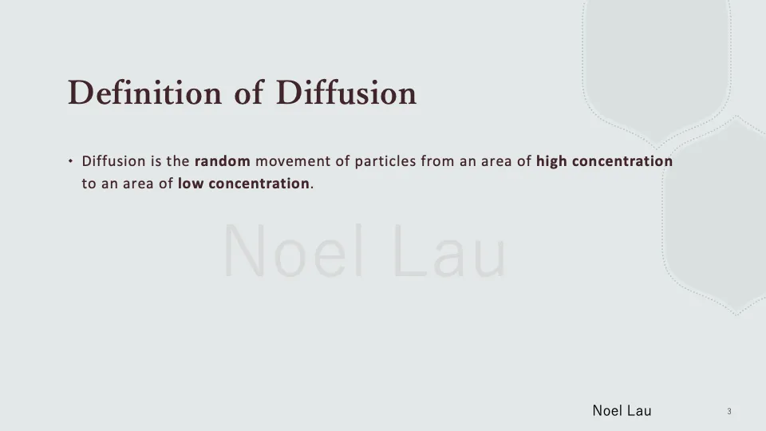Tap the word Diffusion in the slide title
tap(346, 93)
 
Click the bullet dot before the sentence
tap(71, 161)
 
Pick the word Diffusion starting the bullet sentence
tap(113, 161)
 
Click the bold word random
tap(222, 161)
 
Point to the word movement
tap(292, 161)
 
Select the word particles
tap(384, 161)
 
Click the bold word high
tap(551, 161)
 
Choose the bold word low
tap(190, 184)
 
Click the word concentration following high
tap(622, 161)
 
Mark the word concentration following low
tap(259, 184)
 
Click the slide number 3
tap(729, 412)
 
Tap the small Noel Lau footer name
tap(622, 411)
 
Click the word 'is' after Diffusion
tap(156, 161)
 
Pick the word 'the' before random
tap(178, 161)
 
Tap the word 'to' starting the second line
tap(89, 184)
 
